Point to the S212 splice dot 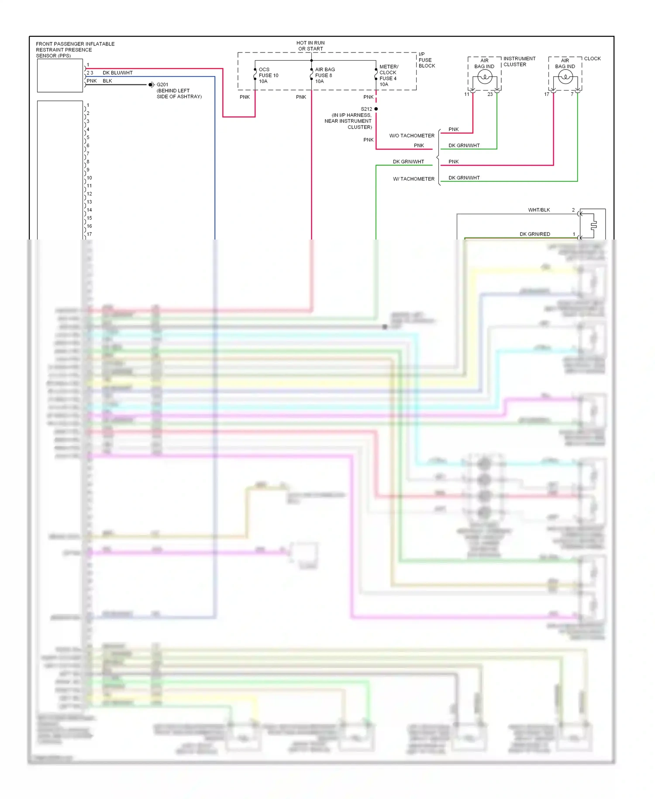point(376,109)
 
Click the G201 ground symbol point(151,85)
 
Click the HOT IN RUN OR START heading point(310,46)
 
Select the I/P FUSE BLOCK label point(426,60)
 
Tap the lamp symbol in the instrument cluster point(485,77)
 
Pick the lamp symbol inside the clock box point(565,77)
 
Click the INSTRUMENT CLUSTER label point(519,61)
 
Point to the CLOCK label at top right point(592,59)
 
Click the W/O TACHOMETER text point(412,135)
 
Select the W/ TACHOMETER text point(414,179)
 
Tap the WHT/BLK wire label point(539,210)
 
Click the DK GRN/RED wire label point(534,234)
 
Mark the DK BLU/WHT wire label point(117,73)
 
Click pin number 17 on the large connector point(89,234)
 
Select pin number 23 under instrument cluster point(490,94)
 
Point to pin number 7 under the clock point(572,94)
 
